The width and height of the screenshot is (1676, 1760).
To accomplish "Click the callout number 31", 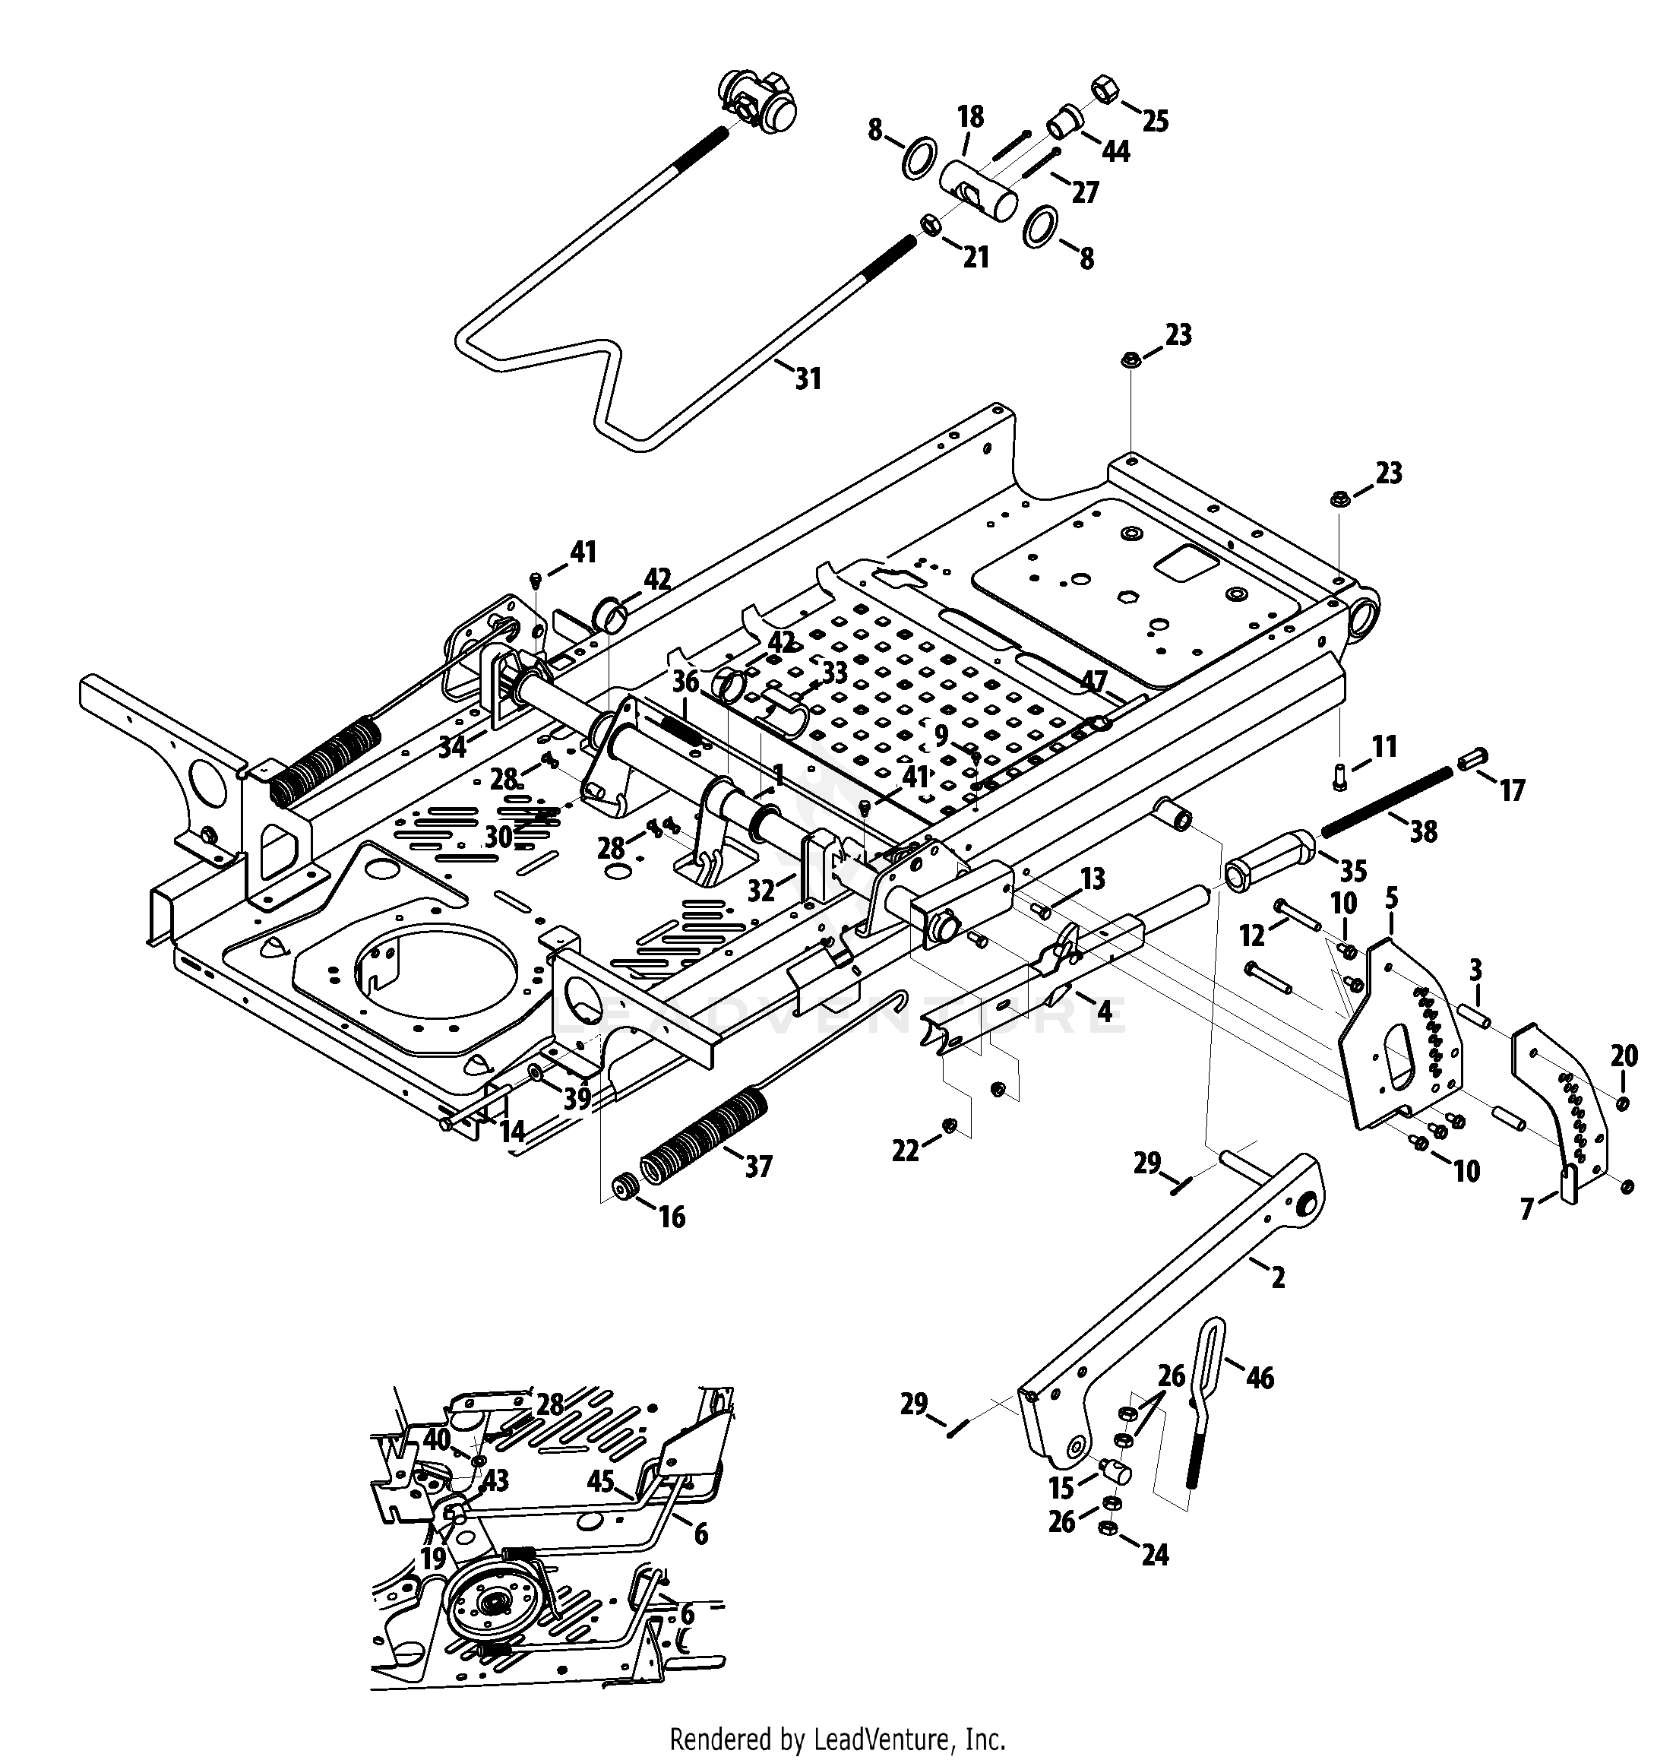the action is point(808,378).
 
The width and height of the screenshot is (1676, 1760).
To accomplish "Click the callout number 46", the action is point(1260,1378).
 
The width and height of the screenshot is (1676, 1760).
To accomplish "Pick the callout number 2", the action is point(1279,1277).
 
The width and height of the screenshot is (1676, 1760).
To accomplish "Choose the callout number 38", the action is point(1423,831).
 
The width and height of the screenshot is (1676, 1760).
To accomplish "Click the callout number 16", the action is point(671,1216).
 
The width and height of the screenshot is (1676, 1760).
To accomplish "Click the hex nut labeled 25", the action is point(1102,91).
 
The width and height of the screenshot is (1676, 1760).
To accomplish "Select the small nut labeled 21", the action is point(928,223).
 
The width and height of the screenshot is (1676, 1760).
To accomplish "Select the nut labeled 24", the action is point(1107,1529).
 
